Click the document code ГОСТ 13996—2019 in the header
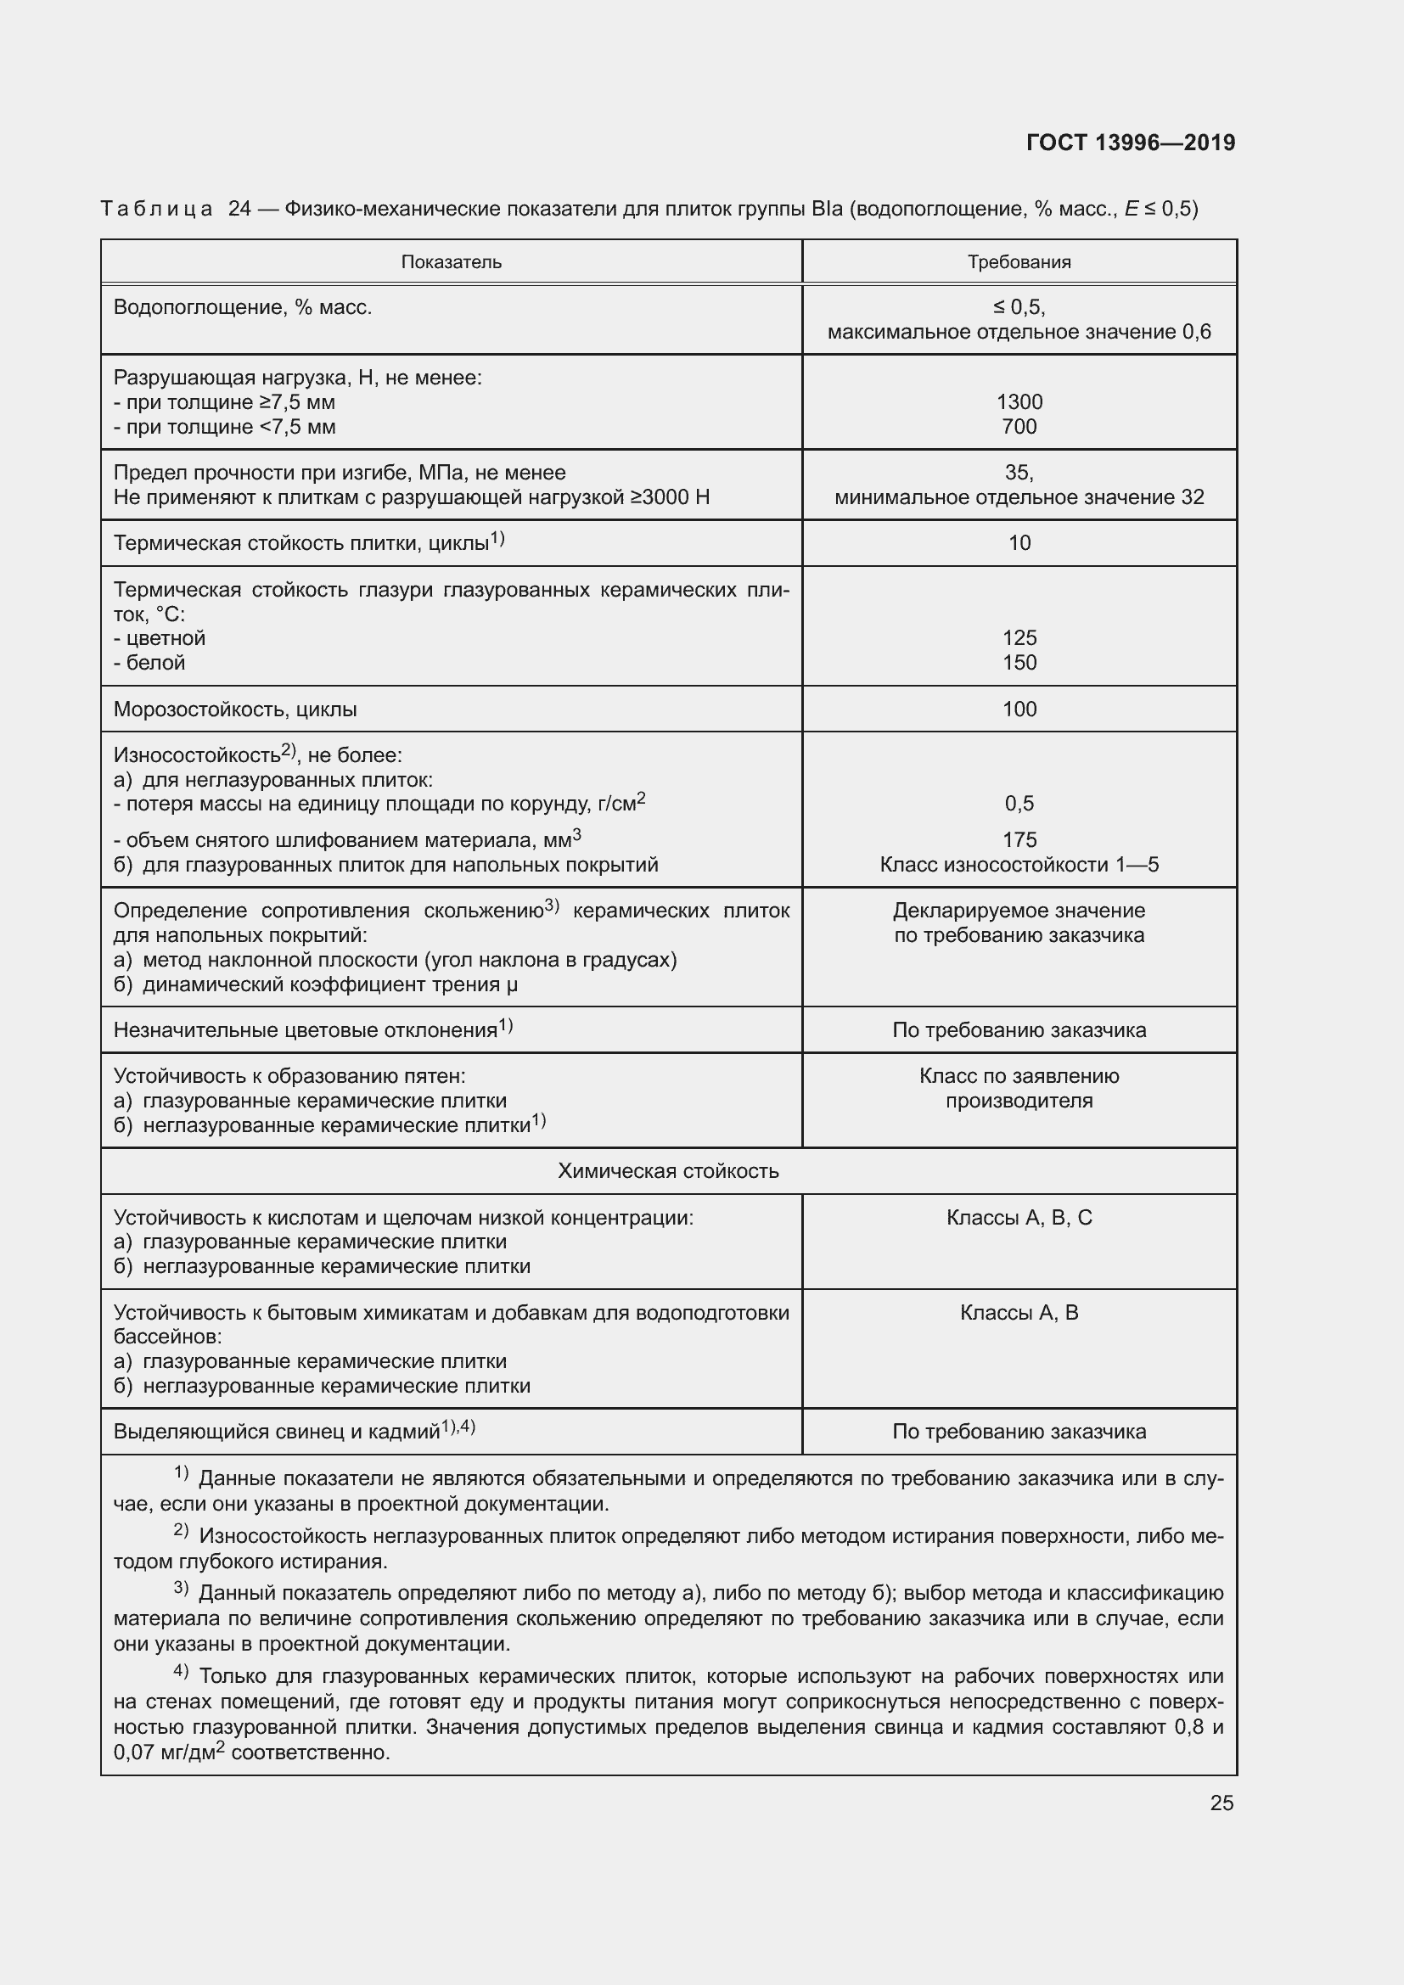point(1130,143)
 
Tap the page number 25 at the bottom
point(1221,1803)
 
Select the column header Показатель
point(451,262)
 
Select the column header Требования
point(1019,262)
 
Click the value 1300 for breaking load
point(1019,402)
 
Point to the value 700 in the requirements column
point(1019,426)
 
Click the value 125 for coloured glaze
point(1019,638)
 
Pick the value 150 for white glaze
point(1019,662)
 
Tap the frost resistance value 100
point(1019,709)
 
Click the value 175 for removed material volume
point(1019,839)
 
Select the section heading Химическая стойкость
point(667,1170)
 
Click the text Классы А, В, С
point(1019,1217)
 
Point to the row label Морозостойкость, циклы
point(235,709)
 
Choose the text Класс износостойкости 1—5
point(1019,865)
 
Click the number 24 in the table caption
point(239,209)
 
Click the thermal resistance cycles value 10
point(1019,543)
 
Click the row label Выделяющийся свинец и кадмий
point(277,1432)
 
